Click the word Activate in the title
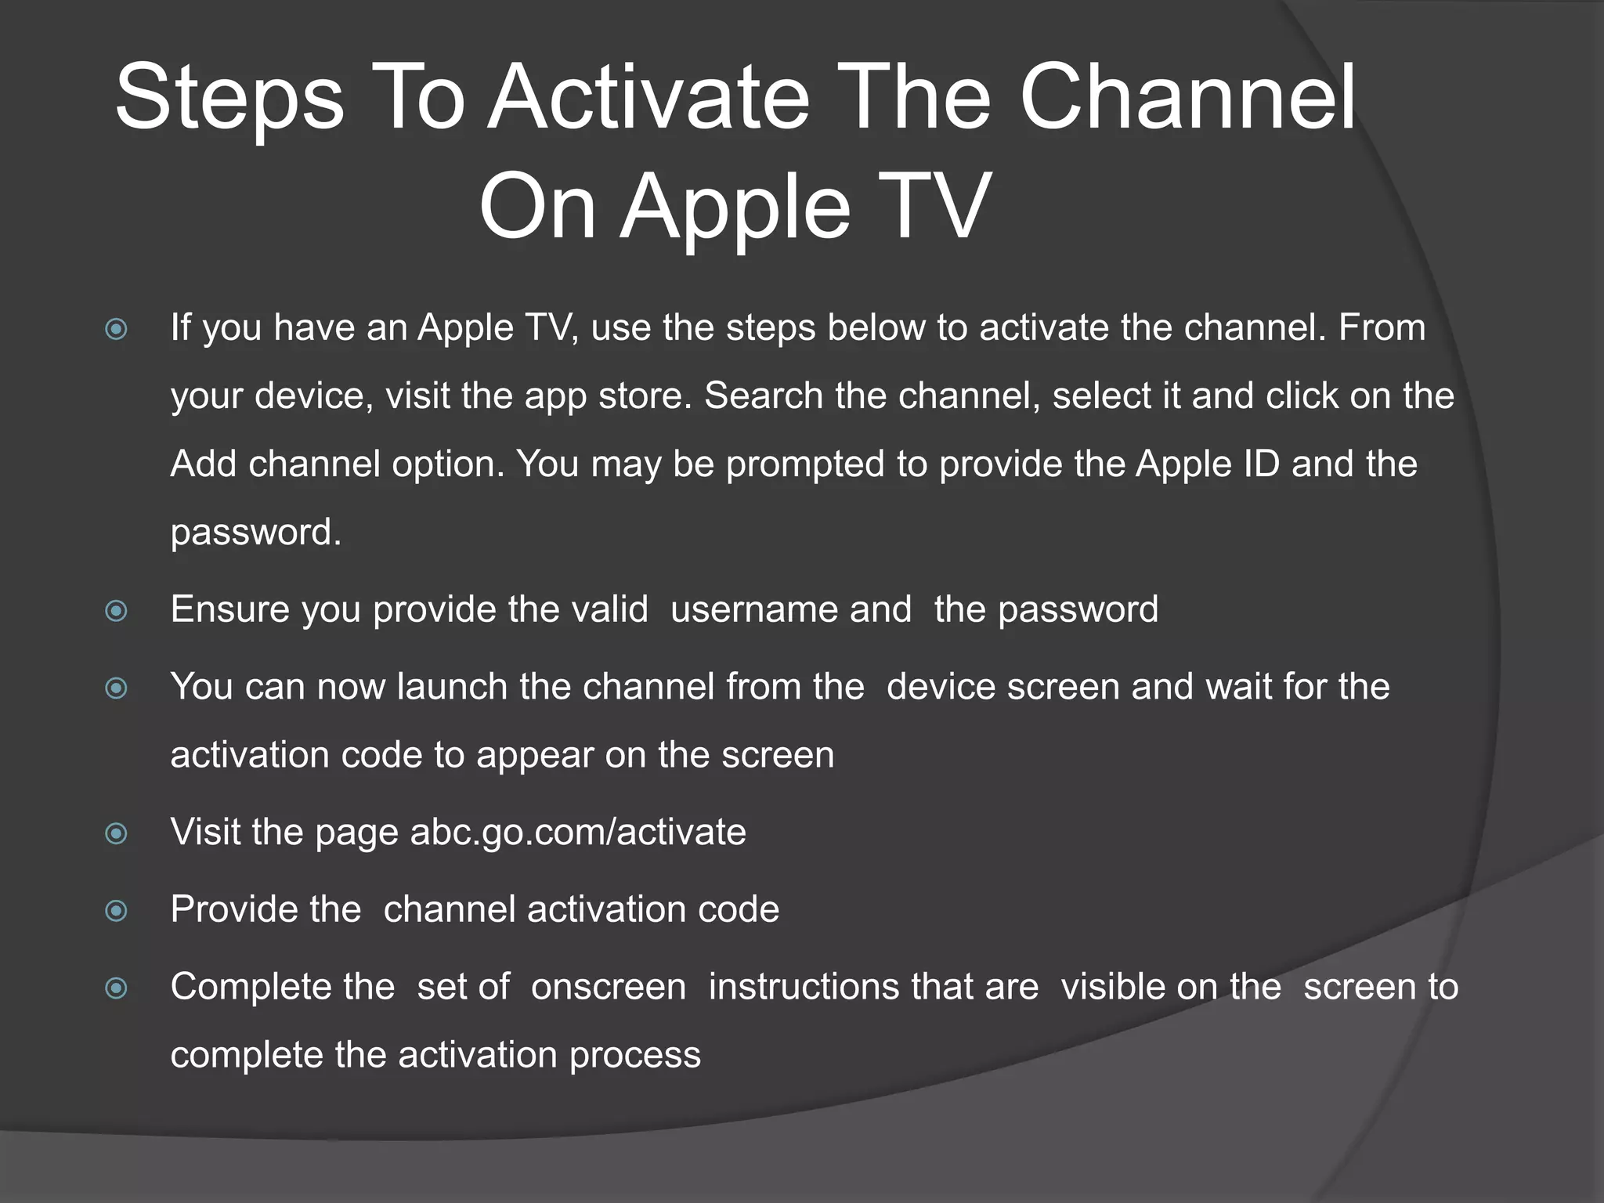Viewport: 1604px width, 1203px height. click(648, 99)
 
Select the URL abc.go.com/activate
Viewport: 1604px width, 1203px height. click(578, 832)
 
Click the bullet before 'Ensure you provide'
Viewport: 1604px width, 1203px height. click(117, 610)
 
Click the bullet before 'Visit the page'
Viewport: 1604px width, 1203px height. click(117, 833)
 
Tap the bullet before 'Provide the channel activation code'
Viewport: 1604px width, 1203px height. click(117, 910)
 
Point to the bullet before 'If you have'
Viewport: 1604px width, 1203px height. click(117, 329)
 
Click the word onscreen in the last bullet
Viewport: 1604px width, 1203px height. click(609, 987)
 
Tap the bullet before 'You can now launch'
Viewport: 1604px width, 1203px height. click(117, 688)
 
